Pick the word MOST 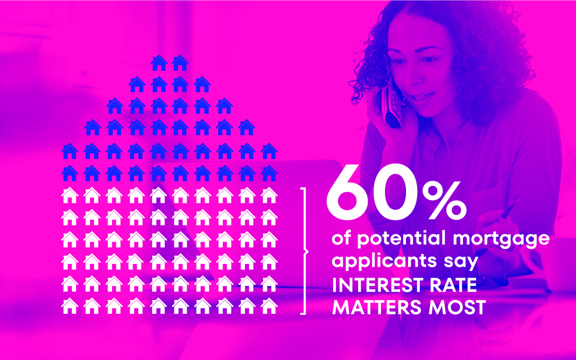pos(458,307)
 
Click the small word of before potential pos(342,238)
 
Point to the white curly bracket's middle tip pos(308,251)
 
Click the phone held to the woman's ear pos(392,104)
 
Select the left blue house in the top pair pos(159,63)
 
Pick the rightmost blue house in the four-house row pos(202,84)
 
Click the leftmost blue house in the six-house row pos(115,106)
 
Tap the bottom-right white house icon pos(269,306)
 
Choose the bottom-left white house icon pos(70,306)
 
